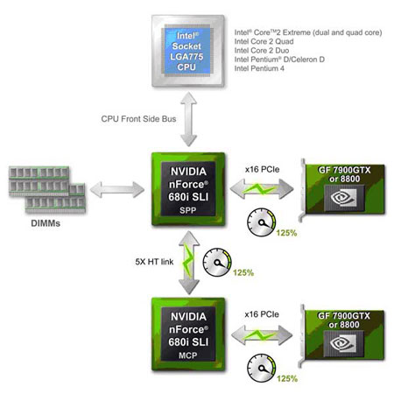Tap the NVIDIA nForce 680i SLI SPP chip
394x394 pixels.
click(188, 189)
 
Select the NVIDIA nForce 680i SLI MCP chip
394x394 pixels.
click(188, 334)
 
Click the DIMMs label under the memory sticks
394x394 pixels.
click(46, 223)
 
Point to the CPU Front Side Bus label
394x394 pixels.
click(138, 119)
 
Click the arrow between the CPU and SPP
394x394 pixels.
click(188, 119)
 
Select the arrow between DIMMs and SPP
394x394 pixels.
click(117, 190)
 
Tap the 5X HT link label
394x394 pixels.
click(154, 262)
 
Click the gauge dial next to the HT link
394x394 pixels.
click(217, 262)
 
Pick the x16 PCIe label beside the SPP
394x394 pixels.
click(262, 169)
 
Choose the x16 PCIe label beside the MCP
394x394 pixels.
click(262, 314)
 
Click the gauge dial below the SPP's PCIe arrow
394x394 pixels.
click(262, 222)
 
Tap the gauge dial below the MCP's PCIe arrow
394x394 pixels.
click(262, 368)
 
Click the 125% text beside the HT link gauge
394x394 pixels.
click(243, 273)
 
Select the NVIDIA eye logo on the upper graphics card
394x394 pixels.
click(343, 198)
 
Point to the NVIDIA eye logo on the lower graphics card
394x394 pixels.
click(342, 343)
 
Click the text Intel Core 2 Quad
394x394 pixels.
click(264, 41)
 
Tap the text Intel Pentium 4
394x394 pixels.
click(259, 68)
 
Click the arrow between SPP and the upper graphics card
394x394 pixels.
click(262, 189)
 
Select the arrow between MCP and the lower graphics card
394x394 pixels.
click(262, 335)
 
